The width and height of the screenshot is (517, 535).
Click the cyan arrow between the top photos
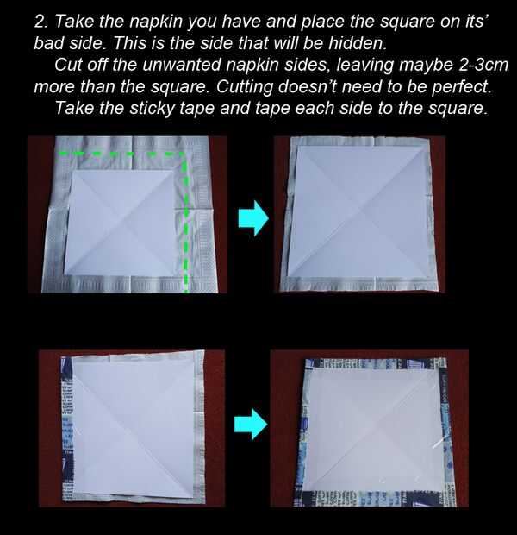(253, 218)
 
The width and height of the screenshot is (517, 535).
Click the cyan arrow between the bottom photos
(251, 424)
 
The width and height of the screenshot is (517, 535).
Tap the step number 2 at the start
(40, 22)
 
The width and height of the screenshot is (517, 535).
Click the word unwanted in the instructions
(182, 65)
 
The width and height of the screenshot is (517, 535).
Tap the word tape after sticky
(197, 110)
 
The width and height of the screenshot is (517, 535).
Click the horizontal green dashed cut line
(121, 154)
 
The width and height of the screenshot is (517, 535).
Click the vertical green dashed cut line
(186, 223)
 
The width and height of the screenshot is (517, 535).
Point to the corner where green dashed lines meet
(185, 154)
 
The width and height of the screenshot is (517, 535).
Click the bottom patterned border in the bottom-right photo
(375, 498)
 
